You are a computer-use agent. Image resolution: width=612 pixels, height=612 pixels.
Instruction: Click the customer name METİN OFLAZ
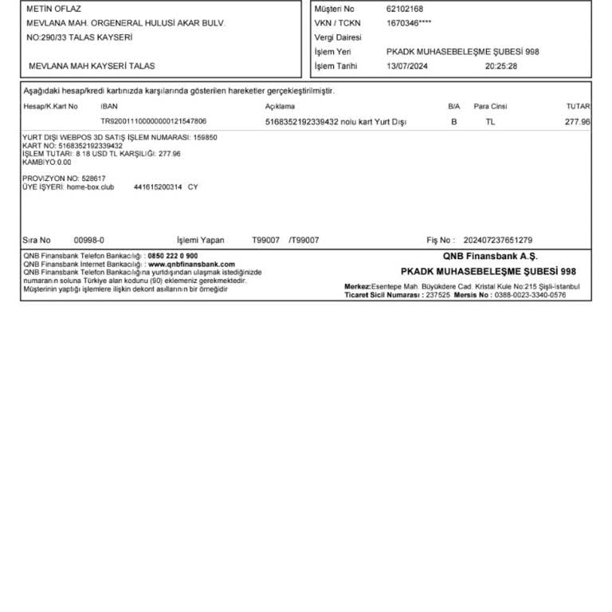tap(54, 9)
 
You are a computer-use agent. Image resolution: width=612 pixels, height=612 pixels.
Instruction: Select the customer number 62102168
tap(405, 9)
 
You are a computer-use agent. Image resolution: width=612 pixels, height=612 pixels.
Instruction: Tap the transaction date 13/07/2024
tap(407, 66)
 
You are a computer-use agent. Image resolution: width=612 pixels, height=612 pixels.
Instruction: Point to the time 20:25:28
tap(501, 66)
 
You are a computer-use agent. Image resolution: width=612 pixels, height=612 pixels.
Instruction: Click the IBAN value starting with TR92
tap(154, 122)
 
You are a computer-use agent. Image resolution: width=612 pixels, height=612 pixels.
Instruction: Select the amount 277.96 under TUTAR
tap(577, 122)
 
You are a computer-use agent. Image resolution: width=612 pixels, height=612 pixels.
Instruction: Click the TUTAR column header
tap(578, 106)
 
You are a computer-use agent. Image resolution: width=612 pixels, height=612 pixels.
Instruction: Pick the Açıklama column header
tap(280, 106)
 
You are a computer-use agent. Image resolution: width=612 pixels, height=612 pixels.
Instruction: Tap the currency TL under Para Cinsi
tap(490, 122)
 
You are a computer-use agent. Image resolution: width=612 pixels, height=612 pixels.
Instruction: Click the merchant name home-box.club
tap(90, 187)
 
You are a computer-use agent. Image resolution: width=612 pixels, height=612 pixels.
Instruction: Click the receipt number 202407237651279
tap(498, 240)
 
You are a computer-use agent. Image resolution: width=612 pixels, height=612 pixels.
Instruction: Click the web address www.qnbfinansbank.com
tap(192, 264)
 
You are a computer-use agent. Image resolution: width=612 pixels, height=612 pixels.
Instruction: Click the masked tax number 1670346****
tap(409, 23)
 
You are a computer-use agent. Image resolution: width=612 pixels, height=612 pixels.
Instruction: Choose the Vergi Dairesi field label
tap(338, 37)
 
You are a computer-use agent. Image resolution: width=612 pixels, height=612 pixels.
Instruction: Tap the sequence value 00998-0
tap(88, 240)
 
